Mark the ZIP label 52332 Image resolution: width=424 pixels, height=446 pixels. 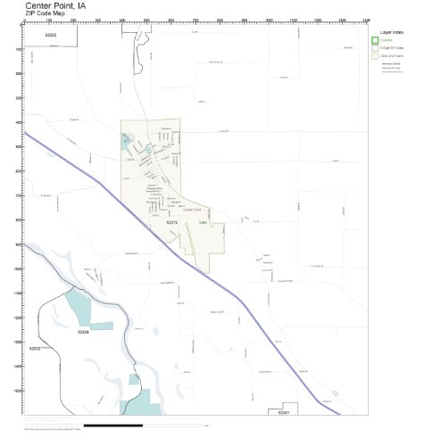36,348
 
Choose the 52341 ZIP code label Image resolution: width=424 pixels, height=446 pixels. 284,413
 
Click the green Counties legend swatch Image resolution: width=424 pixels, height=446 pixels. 375,40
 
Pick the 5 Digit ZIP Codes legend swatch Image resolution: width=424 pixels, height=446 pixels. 375,47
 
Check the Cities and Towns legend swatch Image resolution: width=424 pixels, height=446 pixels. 375,55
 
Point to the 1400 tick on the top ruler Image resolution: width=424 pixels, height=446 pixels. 367,21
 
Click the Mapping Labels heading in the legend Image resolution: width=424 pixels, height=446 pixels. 390,64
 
